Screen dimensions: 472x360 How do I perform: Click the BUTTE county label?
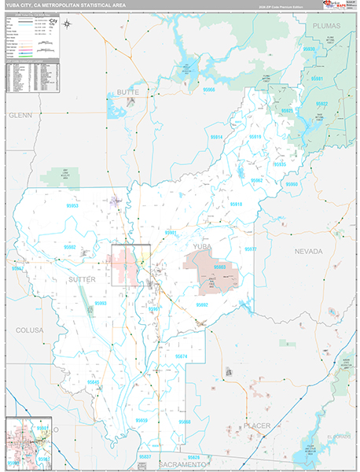coord(127,92)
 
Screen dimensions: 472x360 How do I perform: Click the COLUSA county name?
coord(29,330)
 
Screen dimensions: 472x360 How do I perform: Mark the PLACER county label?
coord(256,426)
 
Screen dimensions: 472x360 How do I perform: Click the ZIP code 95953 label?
coord(72,206)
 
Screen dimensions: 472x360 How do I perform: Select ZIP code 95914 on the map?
coord(216,137)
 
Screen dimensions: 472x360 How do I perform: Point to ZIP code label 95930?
coord(309,49)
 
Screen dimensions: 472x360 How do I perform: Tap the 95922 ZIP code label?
coord(321,103)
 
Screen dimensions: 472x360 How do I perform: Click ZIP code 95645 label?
coord(94,382)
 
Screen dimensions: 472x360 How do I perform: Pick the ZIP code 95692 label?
coord(202,304)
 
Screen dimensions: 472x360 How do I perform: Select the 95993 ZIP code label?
coord(100,303)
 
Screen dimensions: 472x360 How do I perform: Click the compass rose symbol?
coord(68,24)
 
